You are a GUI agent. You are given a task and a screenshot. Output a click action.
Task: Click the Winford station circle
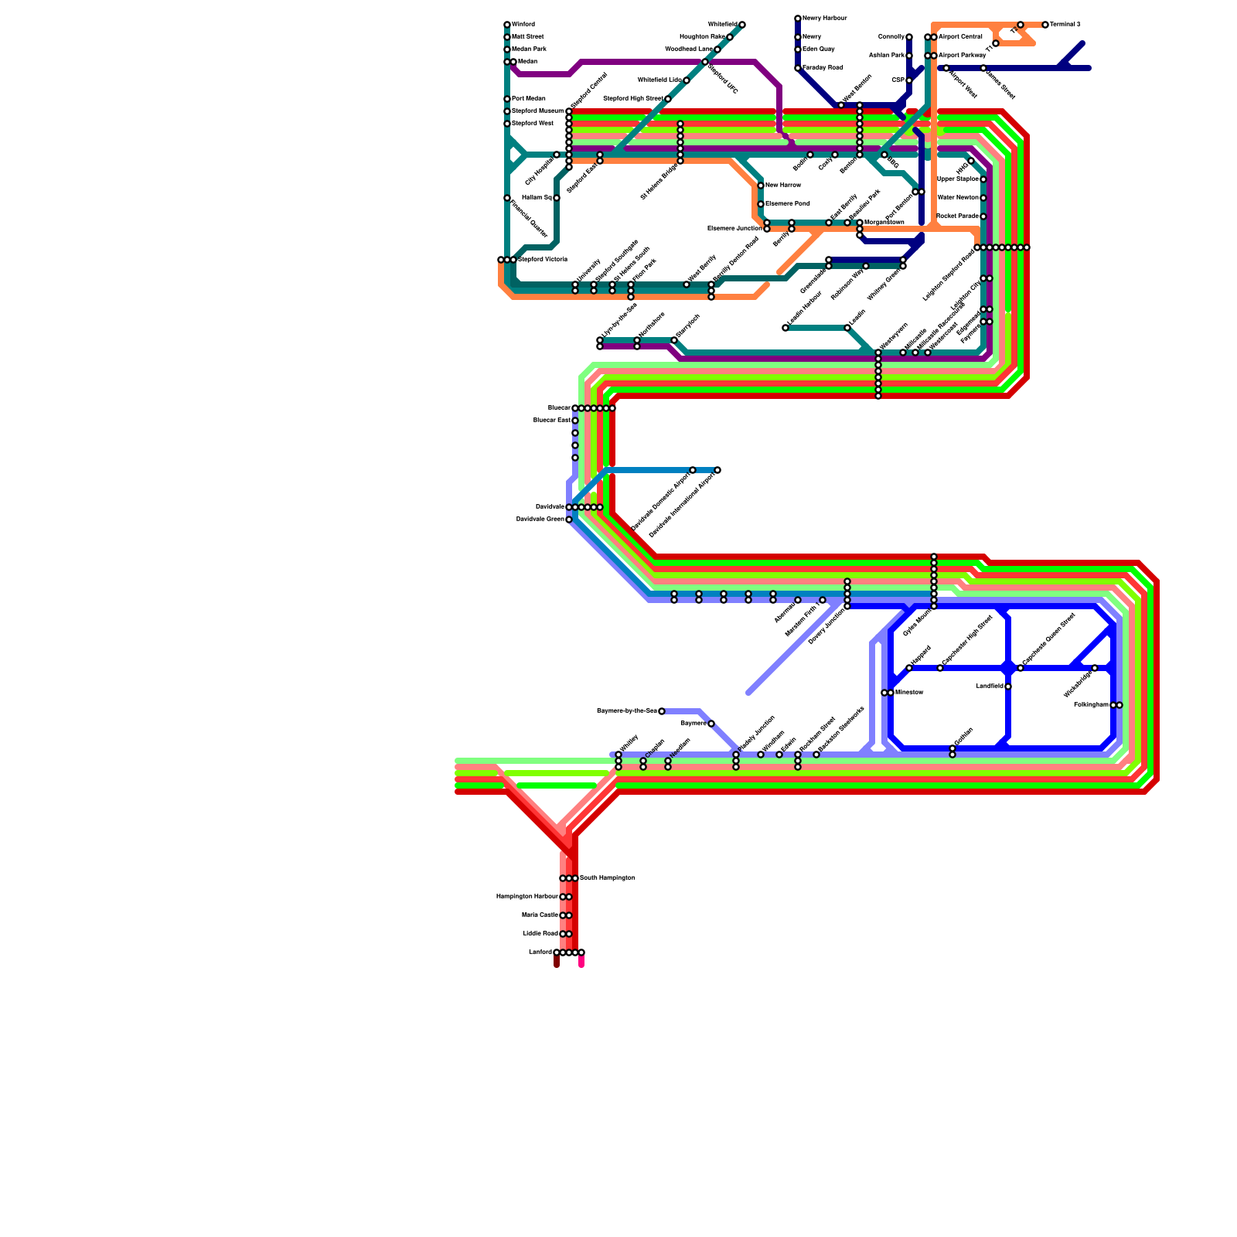(507, 25)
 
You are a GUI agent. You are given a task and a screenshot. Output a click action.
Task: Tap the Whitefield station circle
(742, 25)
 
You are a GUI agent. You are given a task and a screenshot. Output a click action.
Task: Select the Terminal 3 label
(1065, 25)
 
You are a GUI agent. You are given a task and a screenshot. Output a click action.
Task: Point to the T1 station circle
(996, 43)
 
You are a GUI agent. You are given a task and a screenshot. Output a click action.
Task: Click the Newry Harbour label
(825, 19)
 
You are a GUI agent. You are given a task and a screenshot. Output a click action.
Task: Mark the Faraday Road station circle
(798, 68)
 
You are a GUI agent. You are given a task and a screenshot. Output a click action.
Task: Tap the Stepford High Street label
(632, 99)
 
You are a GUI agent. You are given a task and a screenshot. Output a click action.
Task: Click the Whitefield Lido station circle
(687, 80)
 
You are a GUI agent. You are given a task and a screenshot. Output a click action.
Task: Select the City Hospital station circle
(557, 155)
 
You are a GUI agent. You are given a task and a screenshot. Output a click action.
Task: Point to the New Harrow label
(783, 186)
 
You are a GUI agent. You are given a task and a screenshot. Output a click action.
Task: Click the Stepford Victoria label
(543, 260)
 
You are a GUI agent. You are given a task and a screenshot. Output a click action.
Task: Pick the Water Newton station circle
(983, 198)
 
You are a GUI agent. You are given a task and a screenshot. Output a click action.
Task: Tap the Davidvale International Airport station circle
(717, 470)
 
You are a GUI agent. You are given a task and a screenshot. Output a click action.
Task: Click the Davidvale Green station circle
(569, 520)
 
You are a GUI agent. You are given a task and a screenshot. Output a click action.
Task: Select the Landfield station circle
(1008, 687)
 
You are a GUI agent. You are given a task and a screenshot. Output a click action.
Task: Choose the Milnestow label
(909, 693)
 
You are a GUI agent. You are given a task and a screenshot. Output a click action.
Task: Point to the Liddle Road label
(540, 934)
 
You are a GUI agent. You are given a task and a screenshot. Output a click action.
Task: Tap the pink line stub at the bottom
(581, 962)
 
